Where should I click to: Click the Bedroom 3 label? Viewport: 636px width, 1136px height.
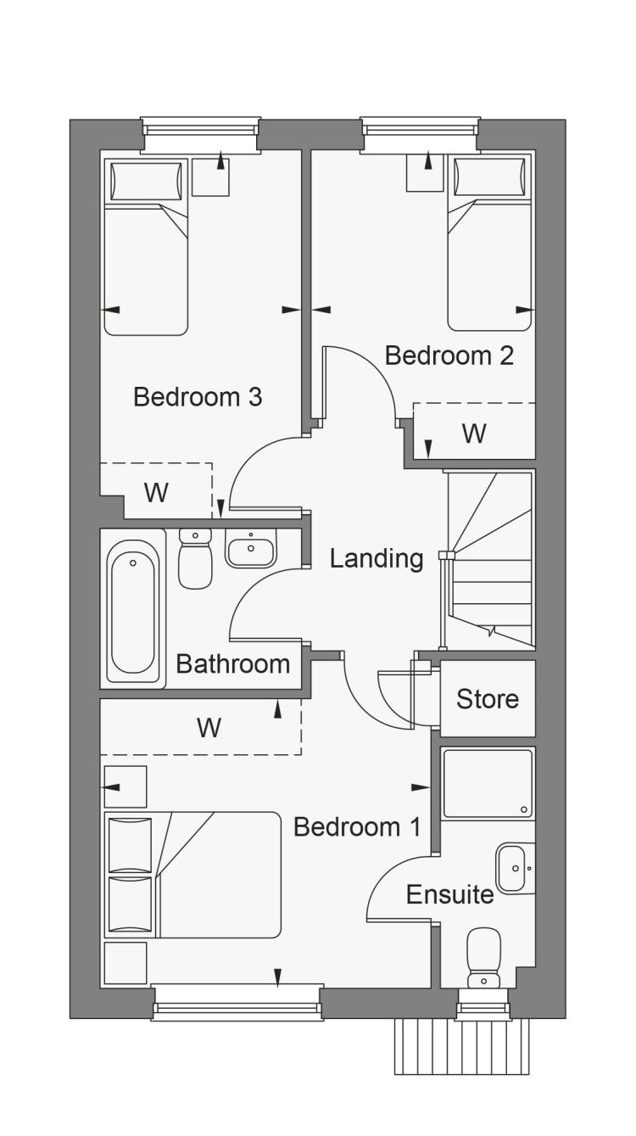coord(198,396)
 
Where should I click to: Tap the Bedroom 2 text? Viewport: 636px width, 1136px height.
coord(449,355)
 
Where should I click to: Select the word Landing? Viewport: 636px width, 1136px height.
coord(377,559)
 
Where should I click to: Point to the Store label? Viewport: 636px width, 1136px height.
coord(488,699)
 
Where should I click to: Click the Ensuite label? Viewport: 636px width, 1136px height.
coord(450,894)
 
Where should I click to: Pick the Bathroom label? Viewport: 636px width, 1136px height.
coord(233,663)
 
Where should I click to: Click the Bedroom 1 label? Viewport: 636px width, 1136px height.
coord(357,827)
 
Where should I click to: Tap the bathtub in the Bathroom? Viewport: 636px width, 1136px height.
coord(133,609)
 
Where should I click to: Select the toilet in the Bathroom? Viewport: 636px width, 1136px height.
coord(195,558)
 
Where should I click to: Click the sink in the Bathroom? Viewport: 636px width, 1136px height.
coord(251,548)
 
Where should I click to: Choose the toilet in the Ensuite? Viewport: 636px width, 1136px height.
coord(483,958)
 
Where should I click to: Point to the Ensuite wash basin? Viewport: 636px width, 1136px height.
coord(515,868)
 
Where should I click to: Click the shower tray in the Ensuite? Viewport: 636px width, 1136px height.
coord(488,784)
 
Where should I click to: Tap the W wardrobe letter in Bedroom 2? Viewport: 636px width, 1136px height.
coord(474,434)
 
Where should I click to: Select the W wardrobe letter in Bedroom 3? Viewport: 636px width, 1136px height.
coord(156,492)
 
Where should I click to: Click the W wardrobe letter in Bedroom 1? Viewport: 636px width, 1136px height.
coord(209,728)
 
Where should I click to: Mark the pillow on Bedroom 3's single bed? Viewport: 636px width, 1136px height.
coord(146,181)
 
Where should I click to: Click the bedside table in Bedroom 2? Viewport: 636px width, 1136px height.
coord(425,173)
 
